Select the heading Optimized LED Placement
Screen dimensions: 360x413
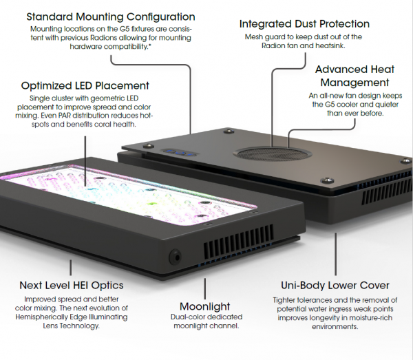(x=85, y=86)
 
